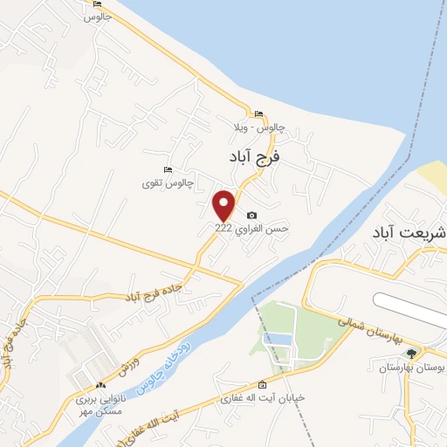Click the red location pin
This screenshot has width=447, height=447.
coord(224,204)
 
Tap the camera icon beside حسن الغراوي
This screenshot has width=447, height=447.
coord(252,215)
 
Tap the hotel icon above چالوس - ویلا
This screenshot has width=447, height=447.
coord(258,114)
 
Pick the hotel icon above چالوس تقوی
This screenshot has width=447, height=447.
coord(168,169)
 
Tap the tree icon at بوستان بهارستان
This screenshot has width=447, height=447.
coord(411,354)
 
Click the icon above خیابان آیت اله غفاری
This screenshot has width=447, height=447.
coord(263,385)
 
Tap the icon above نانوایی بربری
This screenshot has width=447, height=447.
coord(101,385)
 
